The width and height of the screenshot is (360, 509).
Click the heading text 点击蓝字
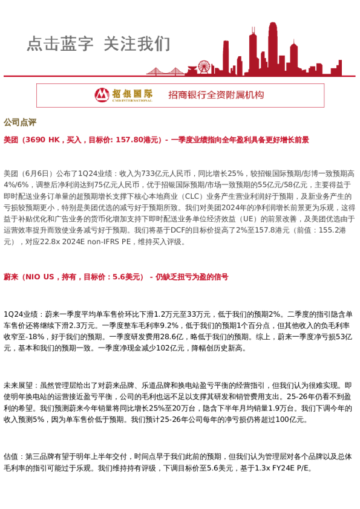(x=60, y=44)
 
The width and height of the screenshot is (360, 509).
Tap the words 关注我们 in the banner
(x=137, y=44)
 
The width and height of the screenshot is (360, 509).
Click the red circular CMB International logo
(x=102, y=95)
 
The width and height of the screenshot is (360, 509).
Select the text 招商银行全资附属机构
(x=216, y=95)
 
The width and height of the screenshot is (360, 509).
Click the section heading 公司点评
(x=20, y=122)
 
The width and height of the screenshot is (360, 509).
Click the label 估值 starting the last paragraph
(x=11, y=456)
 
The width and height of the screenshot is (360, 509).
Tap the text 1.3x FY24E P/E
(x=284, y=468)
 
